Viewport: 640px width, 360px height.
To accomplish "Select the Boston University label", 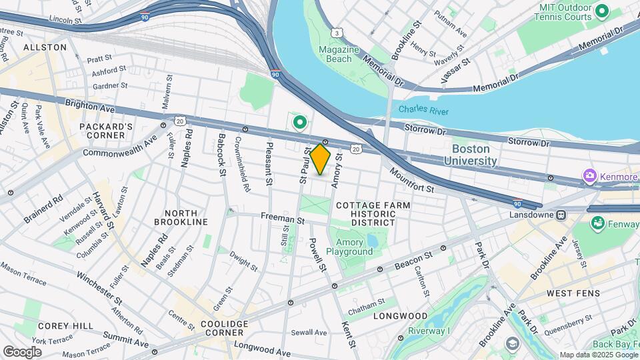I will (x=475, y=155).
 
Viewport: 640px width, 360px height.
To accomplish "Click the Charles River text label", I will (x=423, y=111).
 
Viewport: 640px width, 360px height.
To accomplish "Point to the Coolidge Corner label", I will (x=224, y=329).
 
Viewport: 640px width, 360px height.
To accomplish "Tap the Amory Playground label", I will (x=354, y=247).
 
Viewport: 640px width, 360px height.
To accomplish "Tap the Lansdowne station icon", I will (x=561, y=215).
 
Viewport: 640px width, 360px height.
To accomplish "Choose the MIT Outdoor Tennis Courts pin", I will (x=603, y=11).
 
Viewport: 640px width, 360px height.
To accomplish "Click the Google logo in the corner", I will (x=22, y=351).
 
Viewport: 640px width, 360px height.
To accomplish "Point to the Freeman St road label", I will (x=283, y=218).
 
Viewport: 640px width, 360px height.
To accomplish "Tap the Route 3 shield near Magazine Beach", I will (x=339, y=32).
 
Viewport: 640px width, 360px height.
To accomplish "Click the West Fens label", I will (x=573, y=293).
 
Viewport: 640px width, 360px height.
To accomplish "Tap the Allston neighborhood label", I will (x=45, y=47).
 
